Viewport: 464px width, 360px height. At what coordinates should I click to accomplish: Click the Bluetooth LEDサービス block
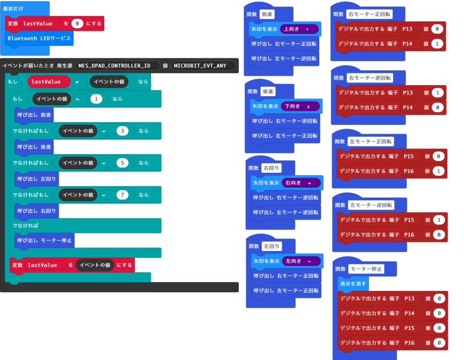point(39,39)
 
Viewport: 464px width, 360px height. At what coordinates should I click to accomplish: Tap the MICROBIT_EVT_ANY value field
point(203,66)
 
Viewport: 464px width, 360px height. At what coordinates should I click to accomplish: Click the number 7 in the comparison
point(122,195)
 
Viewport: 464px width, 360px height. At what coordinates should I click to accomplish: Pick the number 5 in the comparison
point(122,163)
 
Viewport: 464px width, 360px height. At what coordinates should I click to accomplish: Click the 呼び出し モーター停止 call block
point(44,240)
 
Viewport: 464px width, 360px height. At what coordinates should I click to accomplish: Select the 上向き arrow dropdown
point(299,29)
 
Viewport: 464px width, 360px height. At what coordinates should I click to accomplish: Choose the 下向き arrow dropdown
point(300,107)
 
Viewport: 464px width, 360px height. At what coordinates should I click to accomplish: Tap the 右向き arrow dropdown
point(301,183)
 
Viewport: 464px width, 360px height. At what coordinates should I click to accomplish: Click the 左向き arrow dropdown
point(301,261)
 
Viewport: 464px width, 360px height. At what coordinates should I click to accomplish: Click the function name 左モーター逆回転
point(371,205)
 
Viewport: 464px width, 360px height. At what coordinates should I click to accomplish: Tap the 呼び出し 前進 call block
point(34,115)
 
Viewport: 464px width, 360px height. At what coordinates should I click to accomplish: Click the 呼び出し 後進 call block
point(34,147)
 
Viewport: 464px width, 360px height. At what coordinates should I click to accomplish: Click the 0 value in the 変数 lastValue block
point(77,24)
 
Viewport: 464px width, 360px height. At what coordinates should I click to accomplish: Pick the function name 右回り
point(272,168)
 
